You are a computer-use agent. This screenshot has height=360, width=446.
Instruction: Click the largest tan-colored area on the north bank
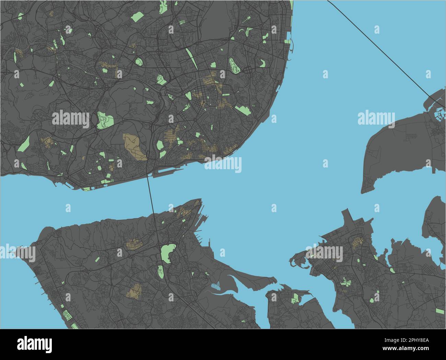[x=134, y=146]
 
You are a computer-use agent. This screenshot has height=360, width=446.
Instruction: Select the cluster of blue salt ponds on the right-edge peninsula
[x=437, y=112]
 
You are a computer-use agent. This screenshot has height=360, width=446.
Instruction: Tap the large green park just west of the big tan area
[x=104, y=120]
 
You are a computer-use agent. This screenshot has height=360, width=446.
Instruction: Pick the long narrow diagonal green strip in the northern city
[x=190, y=57]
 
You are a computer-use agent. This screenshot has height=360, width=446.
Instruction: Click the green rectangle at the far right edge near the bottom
[x=440, y=311]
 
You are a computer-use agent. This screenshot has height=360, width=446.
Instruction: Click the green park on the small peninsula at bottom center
[x=295, y=299]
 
